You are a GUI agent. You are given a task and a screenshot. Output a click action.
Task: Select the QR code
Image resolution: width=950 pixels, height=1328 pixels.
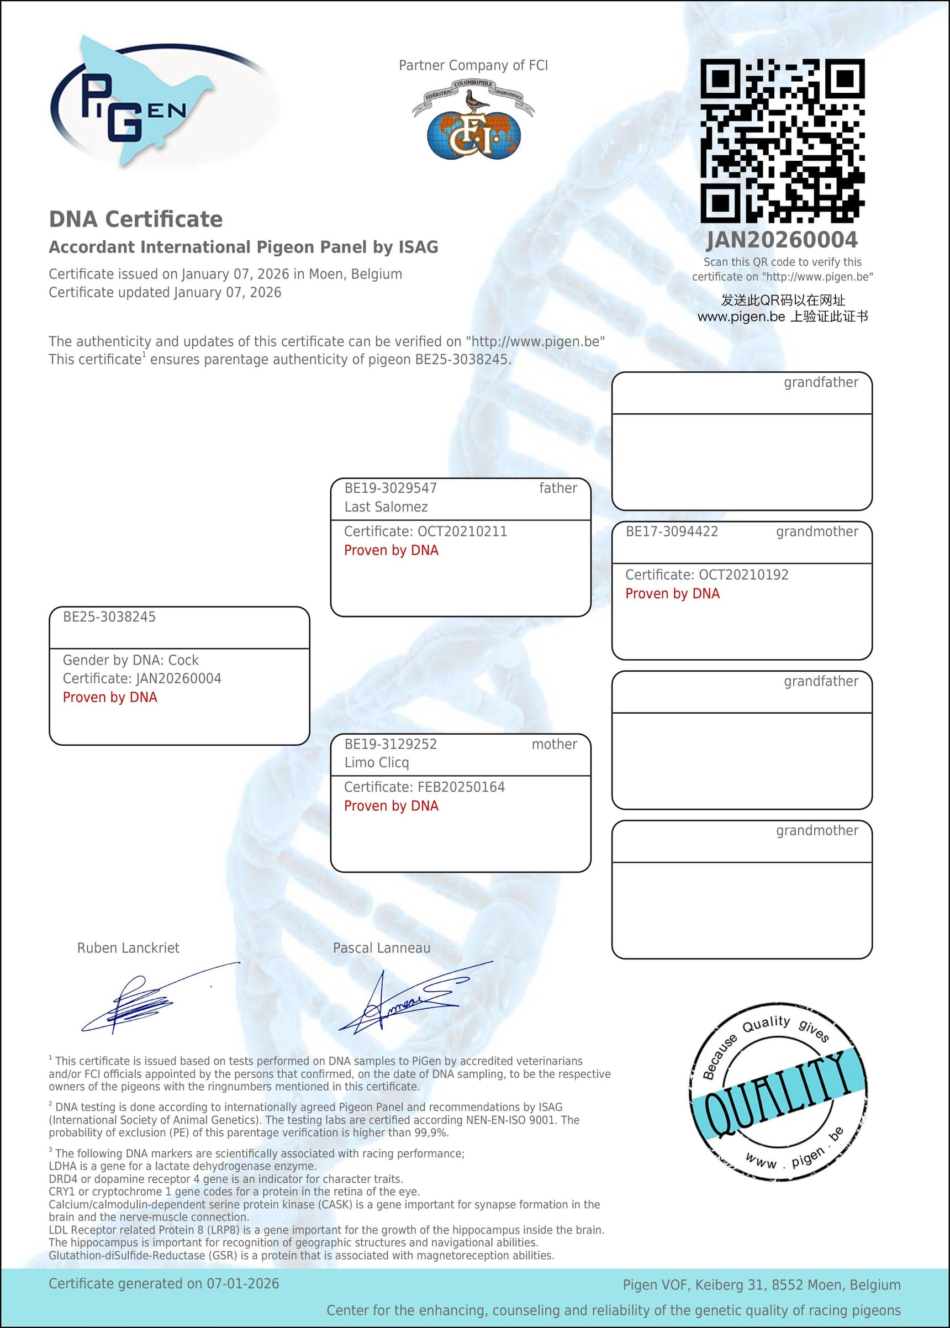pyautogui.click(x=782, y=140)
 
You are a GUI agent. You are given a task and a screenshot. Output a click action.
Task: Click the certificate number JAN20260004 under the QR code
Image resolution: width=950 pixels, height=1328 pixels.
pyautogui.click(x=782, y=240)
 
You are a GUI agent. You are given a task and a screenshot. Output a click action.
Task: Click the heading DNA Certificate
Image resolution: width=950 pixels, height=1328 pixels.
pyautogui.click(x=136, y=219)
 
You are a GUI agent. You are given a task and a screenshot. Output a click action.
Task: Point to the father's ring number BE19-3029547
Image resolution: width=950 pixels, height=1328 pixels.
pyautogui.click(x=390, y=488)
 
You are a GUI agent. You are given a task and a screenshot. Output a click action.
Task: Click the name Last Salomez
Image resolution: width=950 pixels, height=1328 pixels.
pyautogui.click(x=386, y=507)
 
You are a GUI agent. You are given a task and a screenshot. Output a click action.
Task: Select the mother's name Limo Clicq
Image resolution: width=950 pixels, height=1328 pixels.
pyautogui.click(x=376, y=762)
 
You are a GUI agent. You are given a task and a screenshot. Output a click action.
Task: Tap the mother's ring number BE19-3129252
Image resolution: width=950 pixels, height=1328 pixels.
pyautogui.click(x=390, y=744)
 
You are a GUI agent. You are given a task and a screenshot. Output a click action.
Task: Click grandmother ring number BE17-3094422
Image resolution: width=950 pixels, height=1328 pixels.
pyautogui.click(x=672, y=531)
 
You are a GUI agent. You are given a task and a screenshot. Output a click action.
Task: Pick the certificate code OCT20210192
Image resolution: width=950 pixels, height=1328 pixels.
pyautogui.click(x=743, y=575)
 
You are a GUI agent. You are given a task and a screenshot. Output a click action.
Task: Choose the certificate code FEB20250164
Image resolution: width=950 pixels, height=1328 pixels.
pyautogui.click(x=461, y=787)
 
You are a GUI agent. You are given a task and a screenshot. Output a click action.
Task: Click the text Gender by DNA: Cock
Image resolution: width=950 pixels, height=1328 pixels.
pyautogui.click(x=130, y=660)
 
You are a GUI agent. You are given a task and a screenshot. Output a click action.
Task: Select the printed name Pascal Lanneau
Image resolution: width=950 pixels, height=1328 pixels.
pyautogui.click(x=382, y=948)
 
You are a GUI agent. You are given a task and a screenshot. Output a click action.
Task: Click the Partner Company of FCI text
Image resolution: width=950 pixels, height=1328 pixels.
pyautogui.click(x=473, y=65)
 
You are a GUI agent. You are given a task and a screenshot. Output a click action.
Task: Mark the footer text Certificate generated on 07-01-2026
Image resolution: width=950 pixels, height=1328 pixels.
pyautogui.click(x=164, y=1284)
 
